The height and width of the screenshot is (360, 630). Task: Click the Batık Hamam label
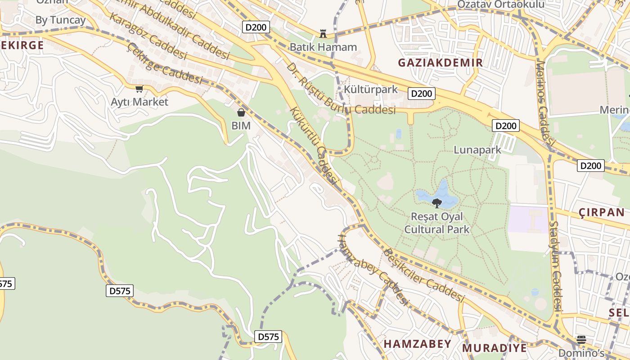click(x=323, y=47)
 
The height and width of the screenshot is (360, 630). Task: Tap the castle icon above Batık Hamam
click(x=323, y=33)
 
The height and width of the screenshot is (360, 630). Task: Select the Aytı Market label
click(x=139, y=102)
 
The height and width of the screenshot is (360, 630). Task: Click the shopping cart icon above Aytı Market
click(x=139, y=89)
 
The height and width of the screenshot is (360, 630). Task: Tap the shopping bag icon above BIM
click(x=241, y=112)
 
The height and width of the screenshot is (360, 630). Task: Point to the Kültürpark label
click(x=371, y=89)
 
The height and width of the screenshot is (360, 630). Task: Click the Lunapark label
click(x=477, y=150)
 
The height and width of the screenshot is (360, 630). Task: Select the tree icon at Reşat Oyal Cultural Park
click(x=436, y=203)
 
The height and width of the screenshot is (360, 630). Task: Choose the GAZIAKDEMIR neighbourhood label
click(x=441, y=63)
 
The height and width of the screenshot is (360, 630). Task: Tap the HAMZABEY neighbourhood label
click(x=417, y=344)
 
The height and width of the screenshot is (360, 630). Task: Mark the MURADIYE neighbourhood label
click(x=494, y=348)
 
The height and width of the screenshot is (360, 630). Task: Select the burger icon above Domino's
click(x=581, y=340)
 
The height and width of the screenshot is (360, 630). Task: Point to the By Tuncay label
click(x=60, y=20)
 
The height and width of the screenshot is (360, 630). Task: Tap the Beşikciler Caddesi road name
click(x=423, y=275)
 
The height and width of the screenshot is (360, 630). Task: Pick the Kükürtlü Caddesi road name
click(x=314, y=145)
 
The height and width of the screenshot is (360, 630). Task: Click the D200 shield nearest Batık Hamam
click(x=256, y=27)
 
